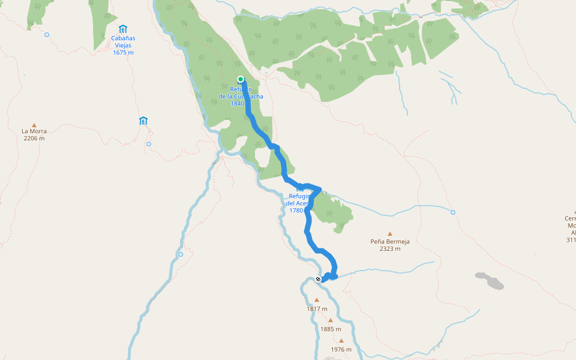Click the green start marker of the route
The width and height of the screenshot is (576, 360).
coord(241,79)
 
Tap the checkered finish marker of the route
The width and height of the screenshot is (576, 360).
coord(318,279)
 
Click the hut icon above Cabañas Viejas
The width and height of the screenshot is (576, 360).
coord(123,29)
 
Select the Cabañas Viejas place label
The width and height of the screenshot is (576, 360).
coord(122,41)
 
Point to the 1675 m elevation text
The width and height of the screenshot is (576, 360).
coord(123,53)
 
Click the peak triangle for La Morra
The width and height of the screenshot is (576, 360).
coord(34,124)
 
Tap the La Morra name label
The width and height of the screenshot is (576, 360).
coord(34,131)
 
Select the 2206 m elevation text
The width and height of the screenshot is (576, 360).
coord(34,138)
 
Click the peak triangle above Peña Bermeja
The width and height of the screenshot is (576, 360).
coord(390,234)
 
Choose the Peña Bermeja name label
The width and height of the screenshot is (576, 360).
coord(390,242)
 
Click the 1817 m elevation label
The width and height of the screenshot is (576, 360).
coord(317,309)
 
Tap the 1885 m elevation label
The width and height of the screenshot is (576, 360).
coord(330,329)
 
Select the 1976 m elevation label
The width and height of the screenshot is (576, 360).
coord(341,349)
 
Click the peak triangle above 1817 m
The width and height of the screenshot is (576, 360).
coord(317,300)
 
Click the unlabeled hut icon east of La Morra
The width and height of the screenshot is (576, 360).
coord(143,121)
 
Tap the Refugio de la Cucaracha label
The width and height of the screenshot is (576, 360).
coord(240,97)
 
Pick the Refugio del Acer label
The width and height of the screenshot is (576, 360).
coord(298,203)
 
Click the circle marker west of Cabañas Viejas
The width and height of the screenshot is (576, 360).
coord(47,35)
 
